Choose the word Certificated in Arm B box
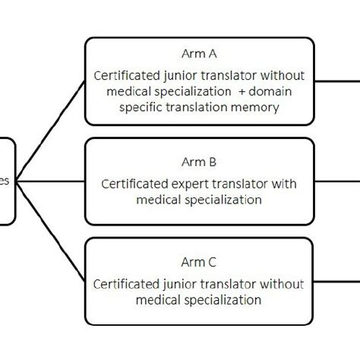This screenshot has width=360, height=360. tap(137, 183)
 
